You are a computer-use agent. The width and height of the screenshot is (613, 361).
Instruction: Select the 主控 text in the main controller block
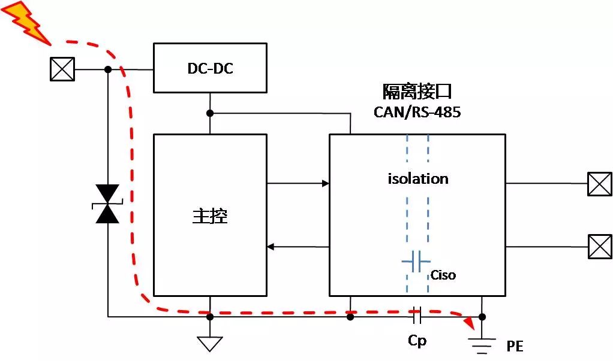pyautogui.click(x=210, y=216)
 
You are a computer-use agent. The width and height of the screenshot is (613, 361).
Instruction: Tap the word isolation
pyautogui.click(x=418, y=178)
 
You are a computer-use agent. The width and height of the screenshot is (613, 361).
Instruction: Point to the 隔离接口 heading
pyautogui.click(x=417, y=92)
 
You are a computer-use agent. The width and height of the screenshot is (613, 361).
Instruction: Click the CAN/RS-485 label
pyautogui.click(x=417, y=112)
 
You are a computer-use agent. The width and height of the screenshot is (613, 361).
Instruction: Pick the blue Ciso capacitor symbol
pyautogui.click(x=416, y=261)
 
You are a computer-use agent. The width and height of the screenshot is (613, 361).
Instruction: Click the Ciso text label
pyautogui.click(x=443, y=275)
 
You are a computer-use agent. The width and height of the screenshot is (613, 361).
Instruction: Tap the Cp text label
pyautogui.click(x=417, y=340)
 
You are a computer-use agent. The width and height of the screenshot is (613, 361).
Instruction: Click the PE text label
pyautogui.click(x=515, y=347)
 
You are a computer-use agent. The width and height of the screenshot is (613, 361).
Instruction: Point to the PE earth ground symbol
pyautogui.click(x=482, y=342)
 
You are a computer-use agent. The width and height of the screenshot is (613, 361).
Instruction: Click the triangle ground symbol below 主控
pyautogui.click(x=210, y=344)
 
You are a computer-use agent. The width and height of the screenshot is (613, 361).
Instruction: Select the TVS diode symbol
pyautogui.click(x=108, y=204)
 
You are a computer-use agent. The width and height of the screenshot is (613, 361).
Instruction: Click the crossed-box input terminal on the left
pyautogui.click(x=62, y=69)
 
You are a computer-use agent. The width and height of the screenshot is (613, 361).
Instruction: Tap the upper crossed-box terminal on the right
pyautogui.click(x=599, y=184)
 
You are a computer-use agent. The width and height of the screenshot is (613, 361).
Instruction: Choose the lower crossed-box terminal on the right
pyautogui.click(x=599, y=246)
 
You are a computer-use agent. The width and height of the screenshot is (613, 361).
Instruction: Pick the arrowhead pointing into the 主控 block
pyautogui.click(x=271, y=247)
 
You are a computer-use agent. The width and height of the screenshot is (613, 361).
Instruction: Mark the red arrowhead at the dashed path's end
pyautogui.click(x=470, y=324)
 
